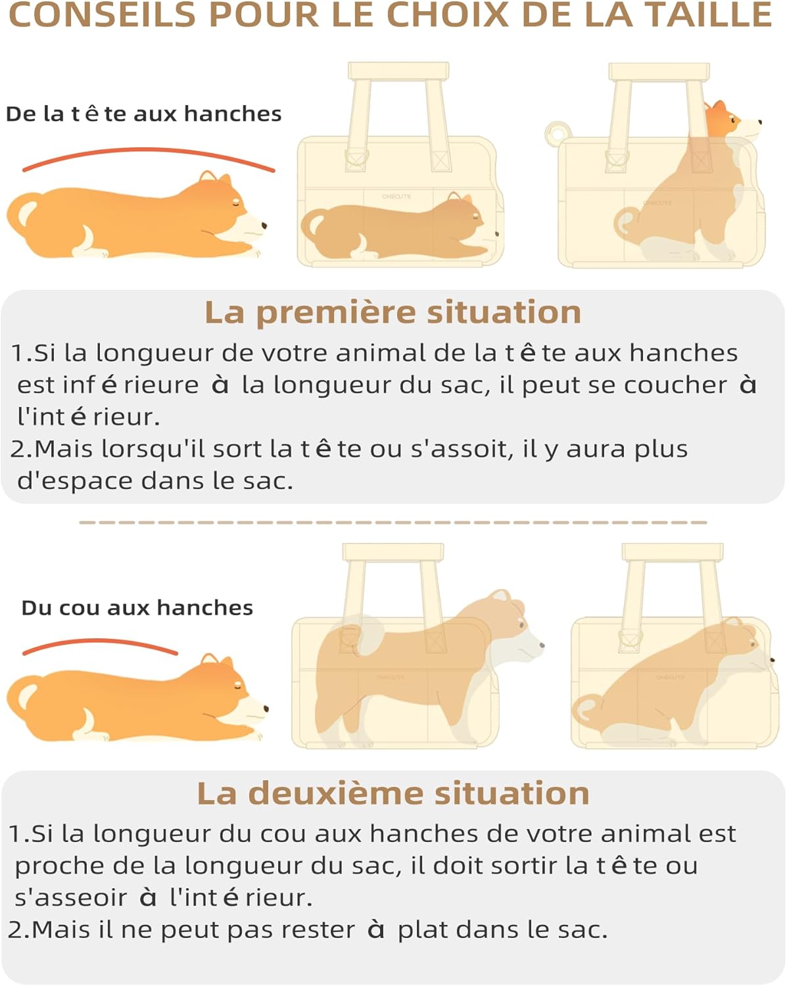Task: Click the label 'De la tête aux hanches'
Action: click(x=143, y=114)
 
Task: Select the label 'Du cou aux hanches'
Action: click(x=137, y=608)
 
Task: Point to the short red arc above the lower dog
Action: click(x=99, y=640)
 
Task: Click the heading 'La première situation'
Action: click(x=393, y=312)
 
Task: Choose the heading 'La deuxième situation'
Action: click(x=393, y=793)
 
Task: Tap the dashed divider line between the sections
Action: click(x=393, y=523)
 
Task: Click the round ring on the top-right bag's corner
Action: click(x=558, y=134)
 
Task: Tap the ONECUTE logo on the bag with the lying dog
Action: click(x=396, y=197)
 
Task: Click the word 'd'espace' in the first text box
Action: click(x=75, y=482)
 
